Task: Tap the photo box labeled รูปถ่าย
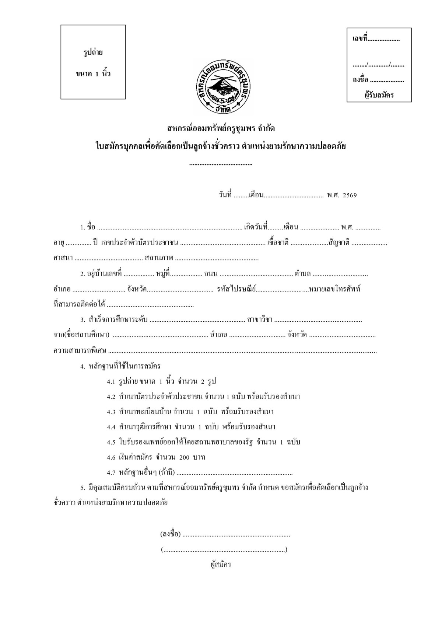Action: click(93, 62)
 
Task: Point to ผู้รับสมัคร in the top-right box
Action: click(379, 95)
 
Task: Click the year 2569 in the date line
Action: click(350, 196)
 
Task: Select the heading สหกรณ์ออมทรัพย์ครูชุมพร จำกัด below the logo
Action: click(221, 129)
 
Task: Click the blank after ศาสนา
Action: click(109, 258)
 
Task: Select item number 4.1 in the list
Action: click(111, 381)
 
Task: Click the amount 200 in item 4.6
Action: click(185, 457)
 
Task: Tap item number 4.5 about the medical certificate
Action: click(111, 442)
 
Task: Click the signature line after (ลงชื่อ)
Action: click(236, 535)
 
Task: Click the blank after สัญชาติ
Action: click(369, 243)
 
